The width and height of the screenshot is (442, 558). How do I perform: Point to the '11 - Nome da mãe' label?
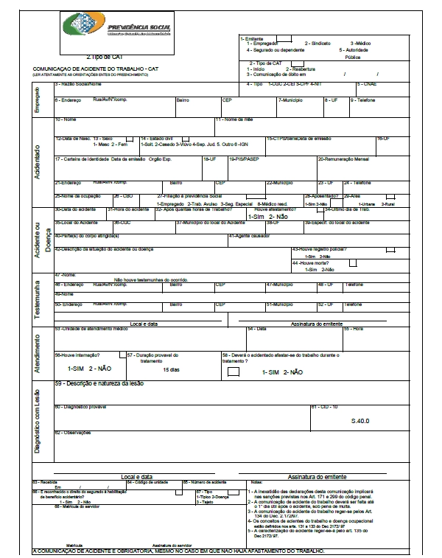point(234,119)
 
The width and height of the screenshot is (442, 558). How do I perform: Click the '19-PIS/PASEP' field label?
point(243,159)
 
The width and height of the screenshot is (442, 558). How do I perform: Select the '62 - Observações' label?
point(74,433)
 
